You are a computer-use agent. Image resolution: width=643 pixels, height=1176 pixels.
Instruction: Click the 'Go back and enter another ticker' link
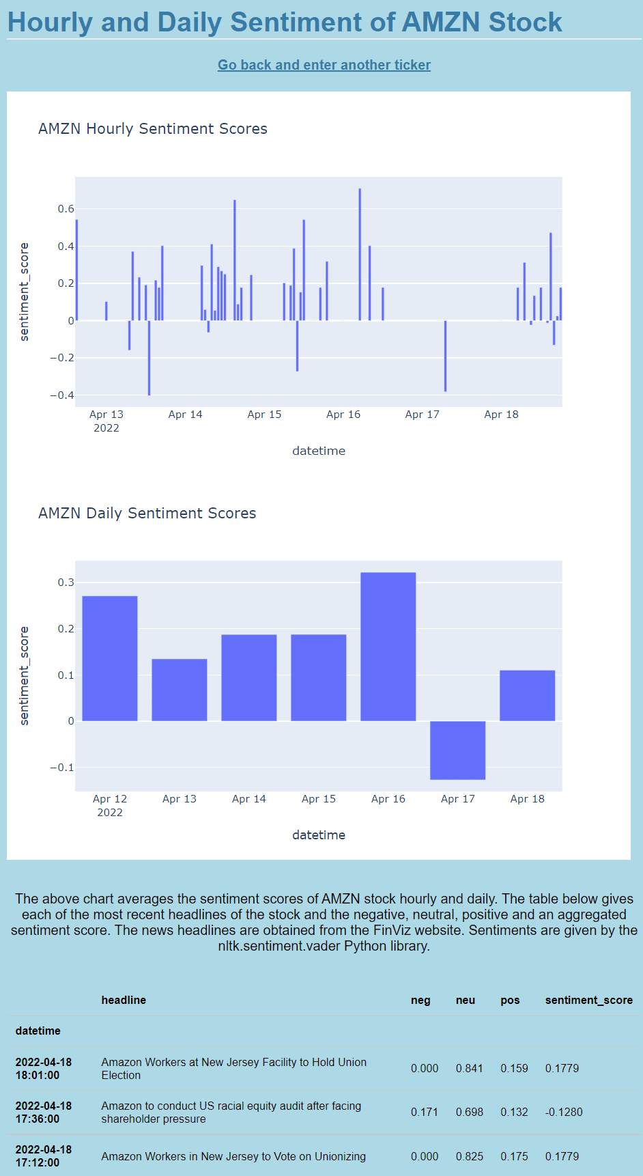click(x=324, y=65)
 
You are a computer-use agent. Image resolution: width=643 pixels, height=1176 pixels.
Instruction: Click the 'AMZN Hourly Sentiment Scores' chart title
click(x=153, y=128)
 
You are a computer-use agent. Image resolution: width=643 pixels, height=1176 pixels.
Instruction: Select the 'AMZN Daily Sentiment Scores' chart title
click(x=147, y=513)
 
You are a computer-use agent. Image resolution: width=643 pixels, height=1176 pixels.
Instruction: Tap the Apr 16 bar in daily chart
click(x=388, y=647)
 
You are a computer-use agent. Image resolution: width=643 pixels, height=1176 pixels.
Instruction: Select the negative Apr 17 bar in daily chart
click(x=457, y=750)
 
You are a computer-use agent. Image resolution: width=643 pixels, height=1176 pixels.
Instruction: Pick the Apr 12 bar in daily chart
click(x=110, y=658)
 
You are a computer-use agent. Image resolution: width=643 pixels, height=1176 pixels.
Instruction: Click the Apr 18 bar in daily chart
click(x=527, y=696)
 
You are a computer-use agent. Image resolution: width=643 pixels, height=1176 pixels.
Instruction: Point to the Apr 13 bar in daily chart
click(x=180, y=690)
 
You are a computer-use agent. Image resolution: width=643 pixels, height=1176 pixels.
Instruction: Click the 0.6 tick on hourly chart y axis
click(x=66, y=209)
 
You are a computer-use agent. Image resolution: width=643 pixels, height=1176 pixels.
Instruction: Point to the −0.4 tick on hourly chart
click(x=62, y=395)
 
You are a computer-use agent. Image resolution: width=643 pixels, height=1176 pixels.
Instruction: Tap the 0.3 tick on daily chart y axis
click(x=66, y=583)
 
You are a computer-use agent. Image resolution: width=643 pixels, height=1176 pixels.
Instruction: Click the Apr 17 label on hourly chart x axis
click(x=423, y=415)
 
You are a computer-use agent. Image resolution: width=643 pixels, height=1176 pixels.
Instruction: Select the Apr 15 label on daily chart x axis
click(x=319, y=799)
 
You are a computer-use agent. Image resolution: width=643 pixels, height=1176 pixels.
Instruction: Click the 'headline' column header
click(x=124, y=1000)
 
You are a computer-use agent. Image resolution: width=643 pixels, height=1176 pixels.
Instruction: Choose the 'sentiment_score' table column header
click(x=589, y=1000)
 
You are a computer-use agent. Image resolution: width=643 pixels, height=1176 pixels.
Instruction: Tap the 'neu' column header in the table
click(x=466, y=1000)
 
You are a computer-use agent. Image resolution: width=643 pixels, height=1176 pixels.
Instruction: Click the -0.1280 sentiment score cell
click(x=564, y=1112)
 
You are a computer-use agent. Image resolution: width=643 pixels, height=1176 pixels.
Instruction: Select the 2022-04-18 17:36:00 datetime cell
click(x=44, y=1112)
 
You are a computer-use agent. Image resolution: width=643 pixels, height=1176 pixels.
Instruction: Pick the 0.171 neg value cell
click(x=425, y=1112)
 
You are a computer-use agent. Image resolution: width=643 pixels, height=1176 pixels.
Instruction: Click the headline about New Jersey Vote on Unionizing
click(x=233, y=1156)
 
